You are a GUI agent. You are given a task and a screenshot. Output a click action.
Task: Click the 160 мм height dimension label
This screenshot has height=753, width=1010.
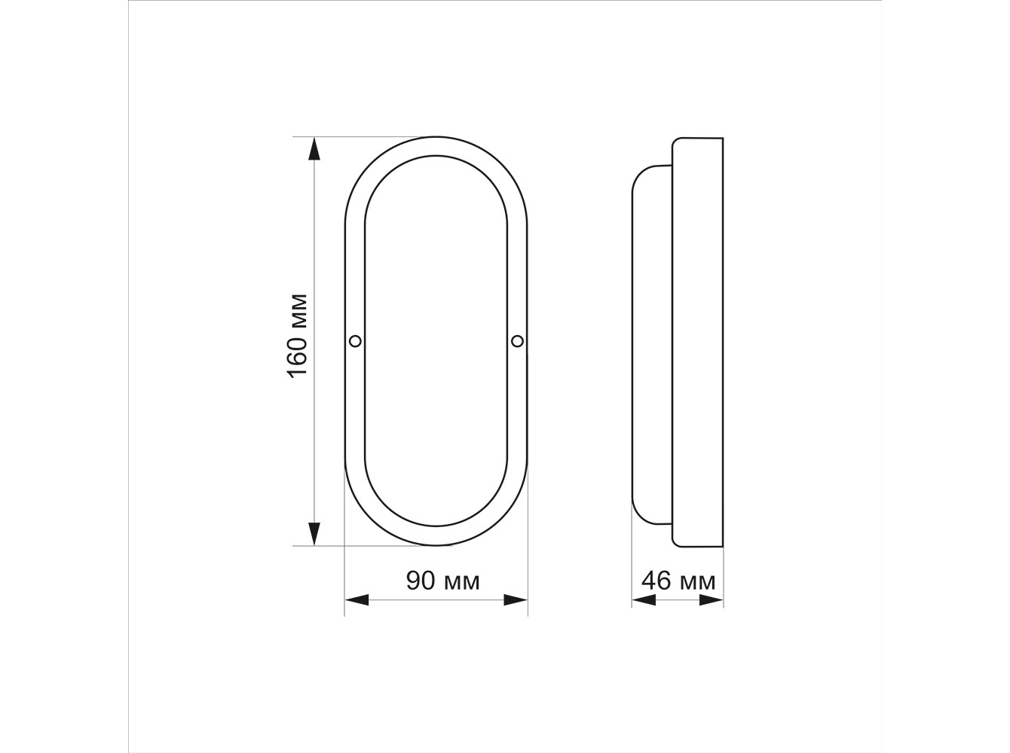(298, 336)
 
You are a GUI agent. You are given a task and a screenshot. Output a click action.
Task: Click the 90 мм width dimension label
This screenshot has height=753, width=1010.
(442, 581)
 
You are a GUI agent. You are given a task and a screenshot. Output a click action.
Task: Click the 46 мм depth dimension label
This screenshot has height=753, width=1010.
(678, 581)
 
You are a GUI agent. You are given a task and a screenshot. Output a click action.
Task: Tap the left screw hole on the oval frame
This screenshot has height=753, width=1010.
(355, 341)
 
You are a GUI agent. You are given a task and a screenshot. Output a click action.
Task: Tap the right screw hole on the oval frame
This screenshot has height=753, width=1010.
(517, 341)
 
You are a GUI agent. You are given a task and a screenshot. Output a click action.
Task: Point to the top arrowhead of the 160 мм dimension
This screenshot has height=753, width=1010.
(314, 149)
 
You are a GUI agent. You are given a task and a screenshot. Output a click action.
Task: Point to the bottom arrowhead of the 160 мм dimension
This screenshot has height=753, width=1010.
(314, 534)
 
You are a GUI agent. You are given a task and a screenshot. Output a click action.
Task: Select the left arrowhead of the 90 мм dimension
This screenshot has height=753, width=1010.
(357, 600)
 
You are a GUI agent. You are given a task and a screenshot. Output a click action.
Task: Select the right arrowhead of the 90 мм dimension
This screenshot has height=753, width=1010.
(516, 600)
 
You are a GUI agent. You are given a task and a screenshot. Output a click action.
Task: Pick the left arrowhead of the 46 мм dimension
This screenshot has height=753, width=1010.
(644, 600)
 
